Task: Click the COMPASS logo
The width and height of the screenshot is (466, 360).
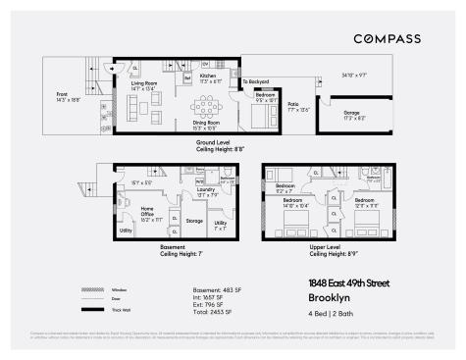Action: [388, 38]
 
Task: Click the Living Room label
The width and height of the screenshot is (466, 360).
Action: [145, 85]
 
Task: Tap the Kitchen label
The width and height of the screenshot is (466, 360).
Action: [208, 76]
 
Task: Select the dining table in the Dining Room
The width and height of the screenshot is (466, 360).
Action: [211, 102]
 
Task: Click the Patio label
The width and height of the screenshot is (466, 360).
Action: [292, 105]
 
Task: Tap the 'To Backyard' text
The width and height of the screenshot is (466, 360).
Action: [256, 81]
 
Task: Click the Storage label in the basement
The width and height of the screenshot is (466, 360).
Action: [194, 221]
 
